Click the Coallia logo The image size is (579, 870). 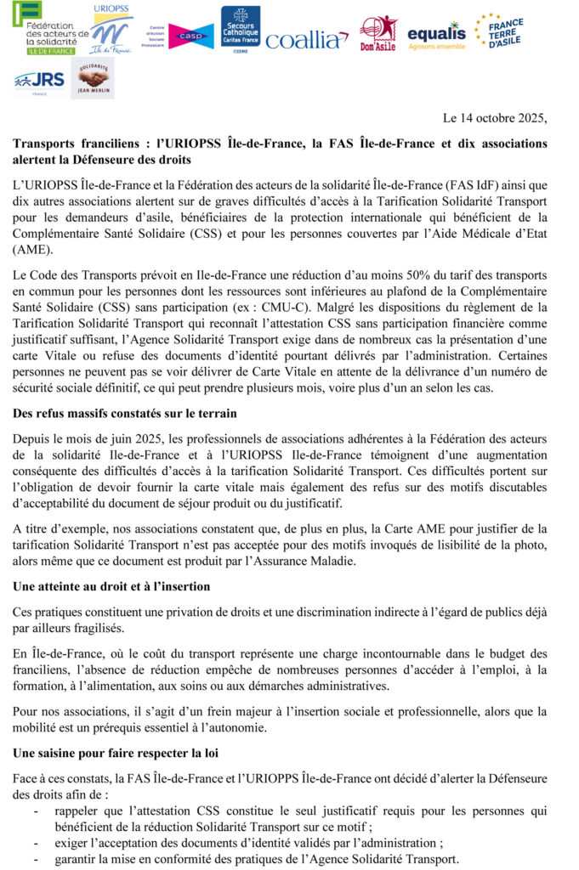click(307, 39)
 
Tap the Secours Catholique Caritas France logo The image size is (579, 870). click(241, 29)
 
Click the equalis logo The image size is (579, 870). click(436, 35)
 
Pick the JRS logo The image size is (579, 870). click(39, 80)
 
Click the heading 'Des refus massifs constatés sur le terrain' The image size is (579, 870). click(125, 414)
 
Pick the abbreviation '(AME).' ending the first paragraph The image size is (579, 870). click(32, 251)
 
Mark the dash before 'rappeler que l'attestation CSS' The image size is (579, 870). click(36, 811)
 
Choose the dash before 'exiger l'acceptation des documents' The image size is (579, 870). click(36, 843)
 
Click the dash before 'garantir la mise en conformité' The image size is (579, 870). click(36, 858)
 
